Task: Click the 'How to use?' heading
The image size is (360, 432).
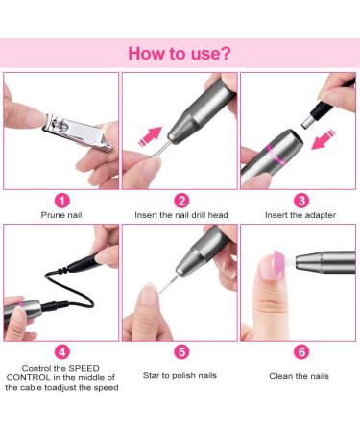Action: (x=180, y=53)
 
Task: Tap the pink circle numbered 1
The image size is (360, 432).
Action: (x=60, y=201)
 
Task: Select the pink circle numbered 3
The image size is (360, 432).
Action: (x=299, y=201)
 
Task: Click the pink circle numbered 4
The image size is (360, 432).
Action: (x=60, y=351)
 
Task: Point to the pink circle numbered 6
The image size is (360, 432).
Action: (x=299, y=351)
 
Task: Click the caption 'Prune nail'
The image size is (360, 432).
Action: (x=60, y=218)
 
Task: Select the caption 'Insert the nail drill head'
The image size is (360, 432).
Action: (x=180, y=218)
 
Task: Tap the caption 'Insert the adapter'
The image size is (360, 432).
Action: (x=299, y=218)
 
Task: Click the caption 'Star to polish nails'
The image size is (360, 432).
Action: (x=180, y=375)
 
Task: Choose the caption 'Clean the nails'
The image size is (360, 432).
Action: (x=299, y=375)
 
